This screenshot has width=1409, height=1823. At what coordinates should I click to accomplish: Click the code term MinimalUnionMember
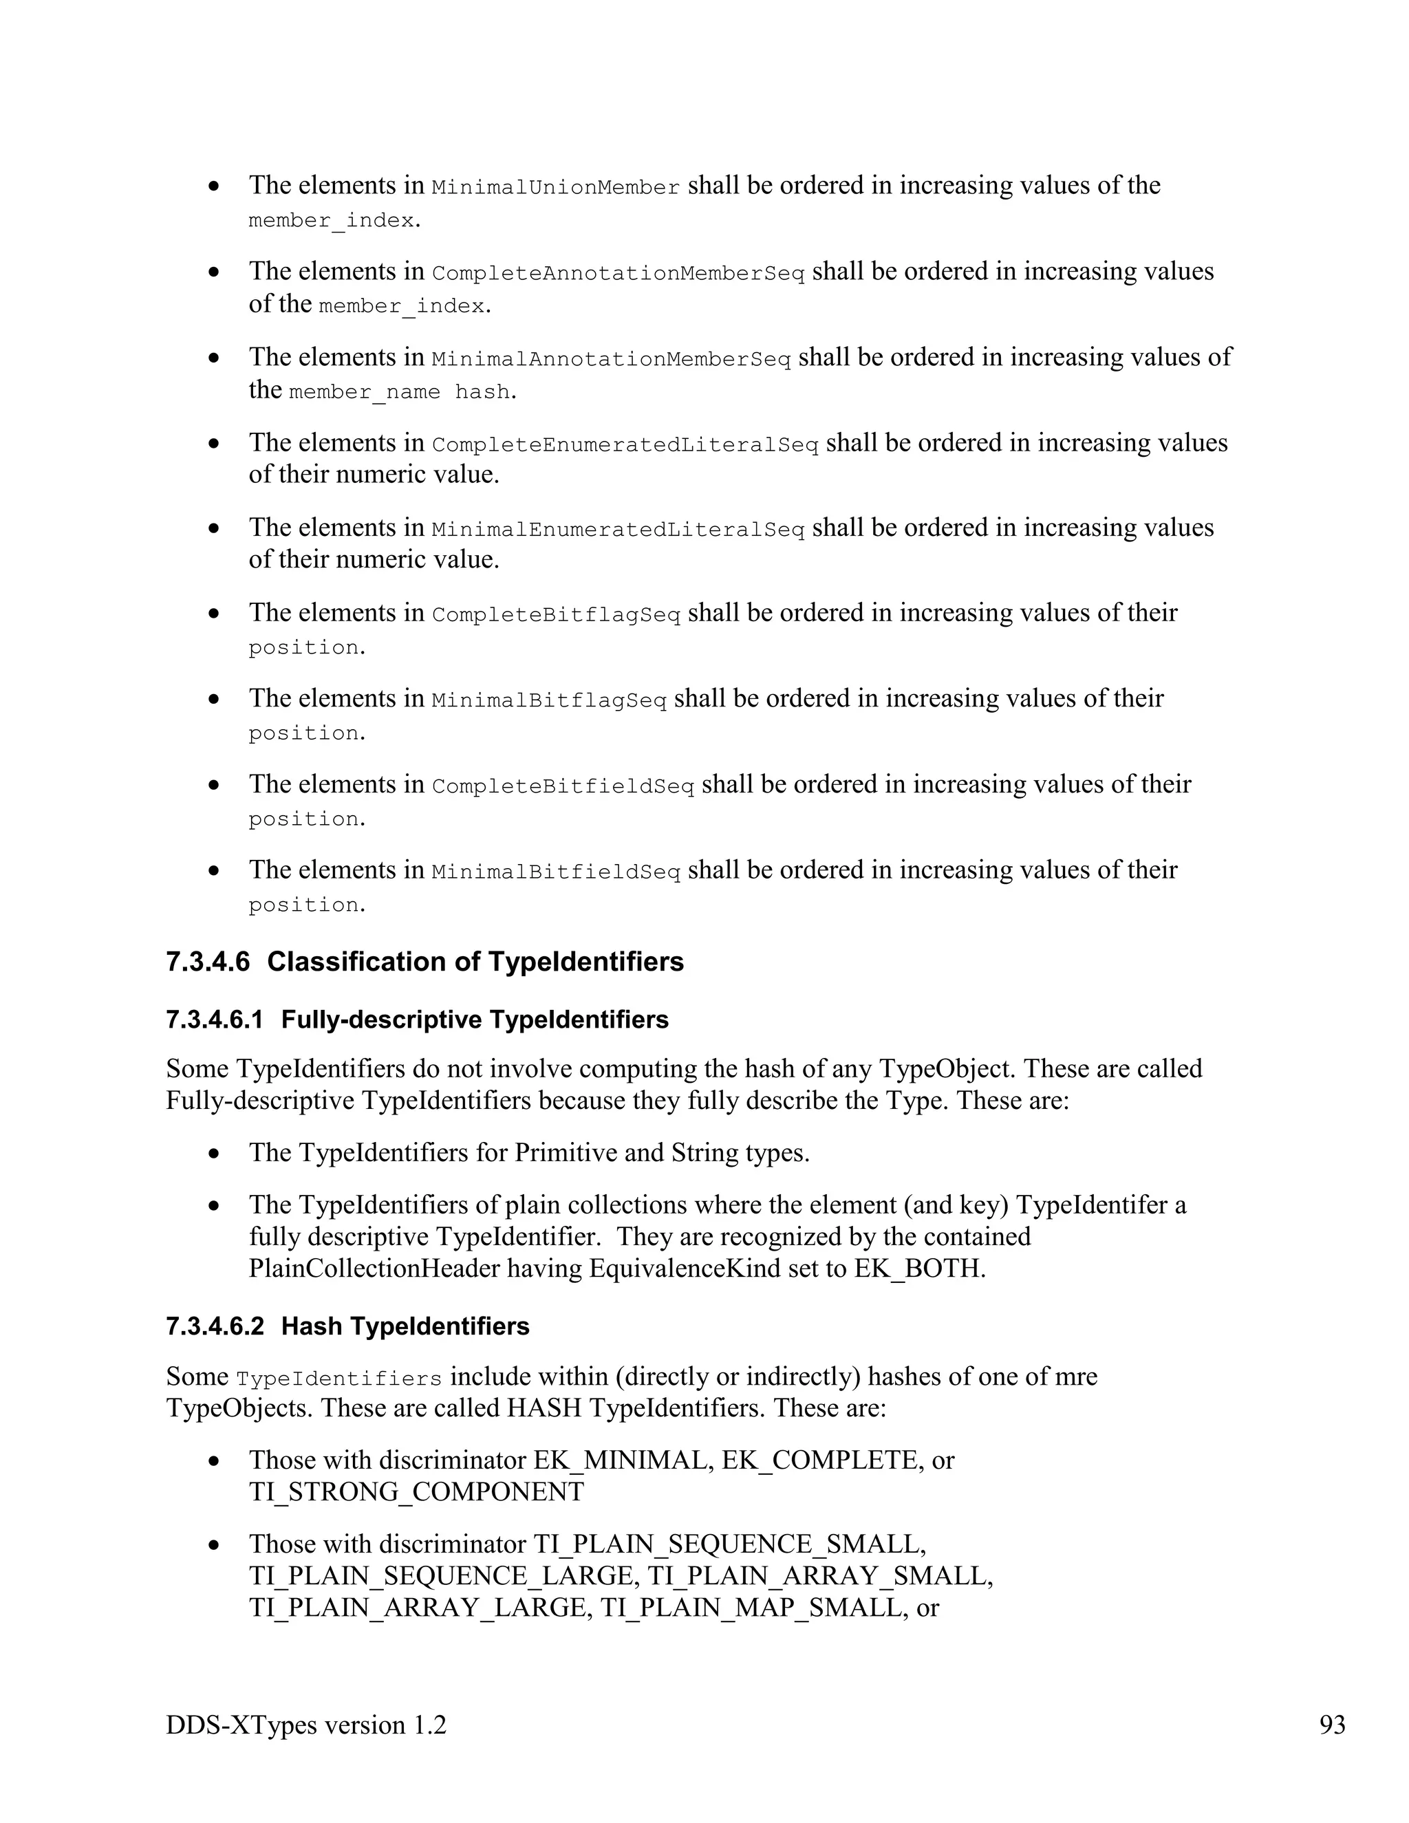click(x=556, y=188)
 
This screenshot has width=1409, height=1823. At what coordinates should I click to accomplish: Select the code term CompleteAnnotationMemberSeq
click(x=618, y=274)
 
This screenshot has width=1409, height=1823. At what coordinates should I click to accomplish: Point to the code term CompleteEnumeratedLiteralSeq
click(x=625, y=446)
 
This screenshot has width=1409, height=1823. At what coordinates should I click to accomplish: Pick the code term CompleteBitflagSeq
click(x=556, y=616)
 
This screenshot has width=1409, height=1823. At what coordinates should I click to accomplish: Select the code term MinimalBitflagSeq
click(x=549, y=702)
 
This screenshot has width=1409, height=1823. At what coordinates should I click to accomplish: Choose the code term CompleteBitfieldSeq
click(x=563, y=787)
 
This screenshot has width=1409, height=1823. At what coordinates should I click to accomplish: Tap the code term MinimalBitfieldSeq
click(x=556, y=873)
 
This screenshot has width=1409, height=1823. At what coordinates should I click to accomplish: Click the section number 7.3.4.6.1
click(x=215, y=1020)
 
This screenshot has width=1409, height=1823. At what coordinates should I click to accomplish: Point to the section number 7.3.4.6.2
click(x=215, y=1326)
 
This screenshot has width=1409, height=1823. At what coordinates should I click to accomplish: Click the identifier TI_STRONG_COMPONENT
click(x=416, y=1491)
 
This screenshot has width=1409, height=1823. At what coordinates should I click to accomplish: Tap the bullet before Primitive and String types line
click(x=215, y=1154)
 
